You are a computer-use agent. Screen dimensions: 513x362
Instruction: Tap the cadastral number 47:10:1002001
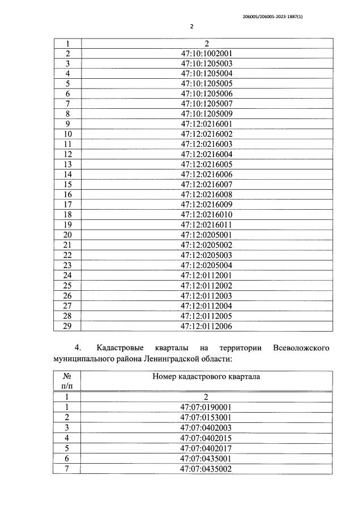(207, 54)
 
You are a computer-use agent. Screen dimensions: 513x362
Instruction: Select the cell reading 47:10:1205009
(207, 114)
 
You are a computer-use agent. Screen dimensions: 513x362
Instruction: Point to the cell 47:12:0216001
(207, 124)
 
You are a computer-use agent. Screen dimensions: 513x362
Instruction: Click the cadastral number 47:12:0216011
(207, 224)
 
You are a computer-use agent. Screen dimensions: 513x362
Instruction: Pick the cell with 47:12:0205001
(207, 235)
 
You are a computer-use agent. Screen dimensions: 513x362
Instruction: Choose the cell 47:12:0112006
(207, 326)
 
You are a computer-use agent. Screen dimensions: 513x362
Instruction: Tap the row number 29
(67, 326)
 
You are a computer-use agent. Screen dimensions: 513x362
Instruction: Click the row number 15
(67, 185)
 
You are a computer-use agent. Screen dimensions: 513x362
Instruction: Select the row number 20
(67, 235)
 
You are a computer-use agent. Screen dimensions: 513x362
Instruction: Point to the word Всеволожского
(300, 347)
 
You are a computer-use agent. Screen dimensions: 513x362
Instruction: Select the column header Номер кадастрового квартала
(206, 376)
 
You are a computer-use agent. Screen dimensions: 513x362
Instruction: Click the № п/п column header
(67, 381)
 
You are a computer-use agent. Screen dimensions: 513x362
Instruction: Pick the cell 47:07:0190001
(207, 407)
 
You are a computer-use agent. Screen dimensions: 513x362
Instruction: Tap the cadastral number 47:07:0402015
(207, 438)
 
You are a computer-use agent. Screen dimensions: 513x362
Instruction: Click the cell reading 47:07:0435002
(207, 468)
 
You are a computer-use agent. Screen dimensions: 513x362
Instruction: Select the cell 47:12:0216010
(207, 215)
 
